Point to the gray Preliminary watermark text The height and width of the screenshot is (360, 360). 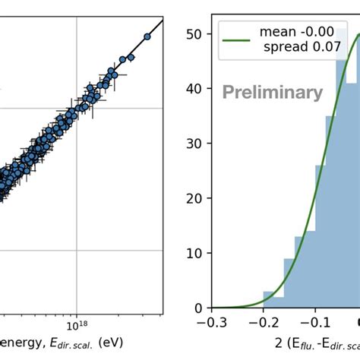pyautogui.click(x=272, y=93)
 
